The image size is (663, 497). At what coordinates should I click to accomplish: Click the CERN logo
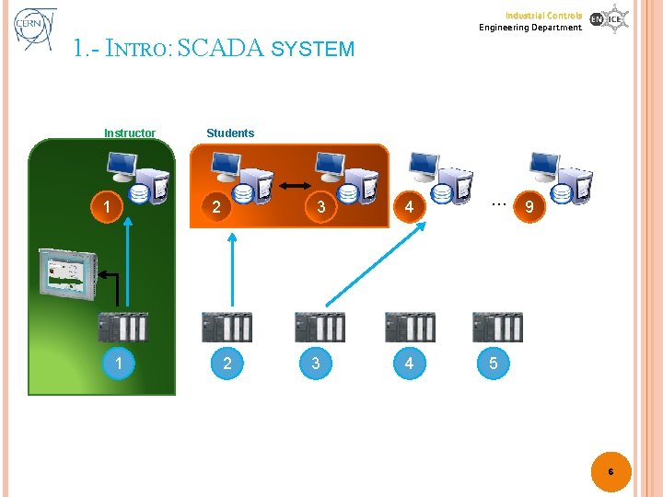pos(34,29)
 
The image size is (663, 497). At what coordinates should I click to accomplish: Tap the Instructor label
pos(130,133)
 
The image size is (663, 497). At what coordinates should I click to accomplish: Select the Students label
pos(230,133)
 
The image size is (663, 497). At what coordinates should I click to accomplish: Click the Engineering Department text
pos(530,28)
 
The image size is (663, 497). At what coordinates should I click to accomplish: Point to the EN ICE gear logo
pos(609,18)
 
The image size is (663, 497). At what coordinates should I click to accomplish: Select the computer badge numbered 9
pos(528,208)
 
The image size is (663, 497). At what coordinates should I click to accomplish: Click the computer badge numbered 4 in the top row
pos(409,207)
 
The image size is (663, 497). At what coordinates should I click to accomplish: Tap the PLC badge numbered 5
pos(494,364)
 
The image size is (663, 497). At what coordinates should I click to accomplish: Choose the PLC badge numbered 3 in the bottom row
pos(316,364)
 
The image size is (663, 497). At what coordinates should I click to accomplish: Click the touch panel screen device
pos(66,272)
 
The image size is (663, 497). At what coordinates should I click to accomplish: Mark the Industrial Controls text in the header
pos(542,15)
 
